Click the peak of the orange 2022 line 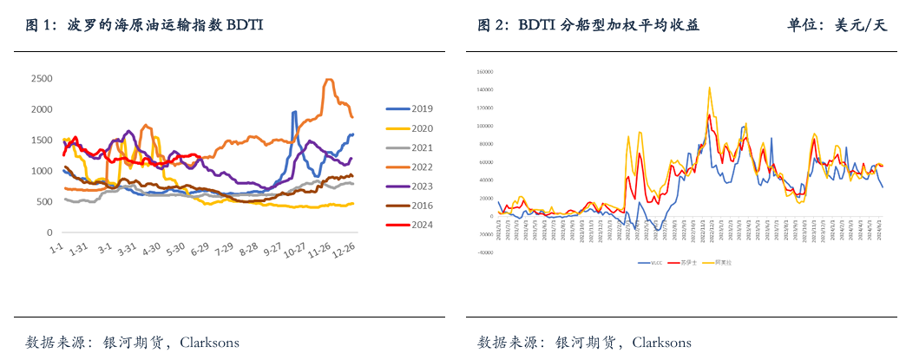pos(328,80)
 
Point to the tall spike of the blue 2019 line pos(294,112)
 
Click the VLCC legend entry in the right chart pos(649,262)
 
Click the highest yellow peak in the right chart pos(710,87)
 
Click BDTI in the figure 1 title pos(245,26)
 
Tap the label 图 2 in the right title pos(492,26)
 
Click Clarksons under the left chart pos(209,342)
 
